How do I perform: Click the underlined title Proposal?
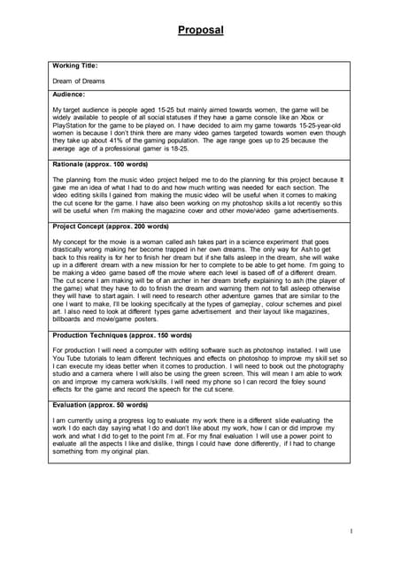point(200,30)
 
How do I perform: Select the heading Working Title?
point(75,65)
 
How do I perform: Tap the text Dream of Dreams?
point(79,80)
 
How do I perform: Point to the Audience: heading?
point(69,94)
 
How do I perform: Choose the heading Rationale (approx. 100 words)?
point(100,165)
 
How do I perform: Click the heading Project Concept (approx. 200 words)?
point(110,227)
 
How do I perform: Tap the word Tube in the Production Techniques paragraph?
point(76,362)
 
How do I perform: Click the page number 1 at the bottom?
point(351,531)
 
